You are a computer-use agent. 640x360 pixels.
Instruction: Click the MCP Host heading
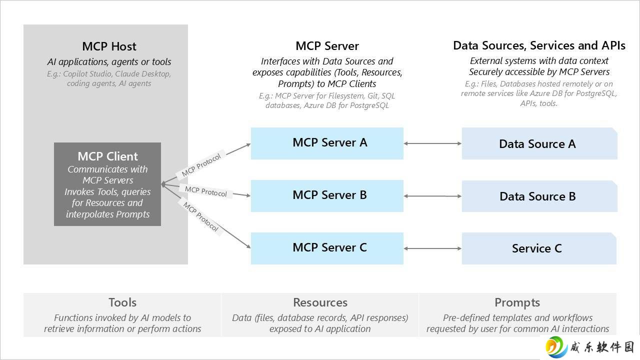[109, 46]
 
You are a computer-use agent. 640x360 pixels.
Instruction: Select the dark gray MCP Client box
[107, 184]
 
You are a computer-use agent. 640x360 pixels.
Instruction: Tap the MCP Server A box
[327, 143]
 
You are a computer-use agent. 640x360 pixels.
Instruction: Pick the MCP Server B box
[327, 196]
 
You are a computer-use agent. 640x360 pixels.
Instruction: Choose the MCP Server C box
[327, 248]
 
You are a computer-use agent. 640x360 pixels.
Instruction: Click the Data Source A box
[539, 143]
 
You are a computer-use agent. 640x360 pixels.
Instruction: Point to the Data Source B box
[539, 196]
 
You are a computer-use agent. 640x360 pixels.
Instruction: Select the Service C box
[539, 248]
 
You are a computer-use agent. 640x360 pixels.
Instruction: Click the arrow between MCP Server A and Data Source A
[432, 143]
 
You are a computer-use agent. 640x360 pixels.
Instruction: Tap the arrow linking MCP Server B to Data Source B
[432, 196]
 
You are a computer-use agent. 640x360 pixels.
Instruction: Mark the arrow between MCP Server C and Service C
[432, 248]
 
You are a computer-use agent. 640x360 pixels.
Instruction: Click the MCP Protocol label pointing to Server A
[201, 165]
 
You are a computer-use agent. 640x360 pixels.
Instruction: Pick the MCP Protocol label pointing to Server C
[200, 216]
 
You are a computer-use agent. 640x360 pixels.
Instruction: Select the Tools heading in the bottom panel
[122, 302]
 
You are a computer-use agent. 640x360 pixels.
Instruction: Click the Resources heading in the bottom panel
[320, 302]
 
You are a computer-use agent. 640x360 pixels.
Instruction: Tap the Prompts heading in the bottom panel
[517, 303]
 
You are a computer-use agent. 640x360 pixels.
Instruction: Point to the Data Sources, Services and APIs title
[539, 45]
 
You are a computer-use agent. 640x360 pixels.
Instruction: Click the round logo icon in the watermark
[556, 347]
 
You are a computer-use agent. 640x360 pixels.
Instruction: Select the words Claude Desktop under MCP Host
[143, 73]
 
